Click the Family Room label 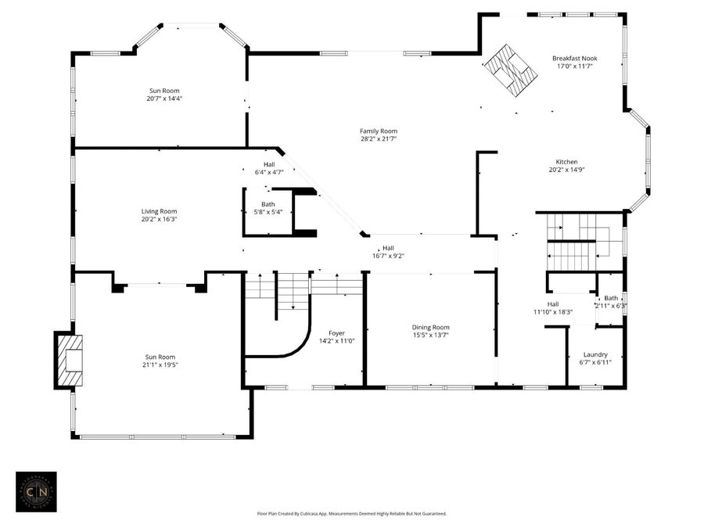pos(379,131)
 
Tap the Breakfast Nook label pos(573,59)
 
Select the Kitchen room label pos(566,162)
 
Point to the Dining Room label pos(430,328)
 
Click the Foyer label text pos(336,333)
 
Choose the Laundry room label pos(595,354)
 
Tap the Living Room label pos(159,211)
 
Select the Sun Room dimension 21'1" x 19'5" pos(160,365)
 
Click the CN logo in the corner pos(36,492)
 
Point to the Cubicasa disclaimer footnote pos(351,514)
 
